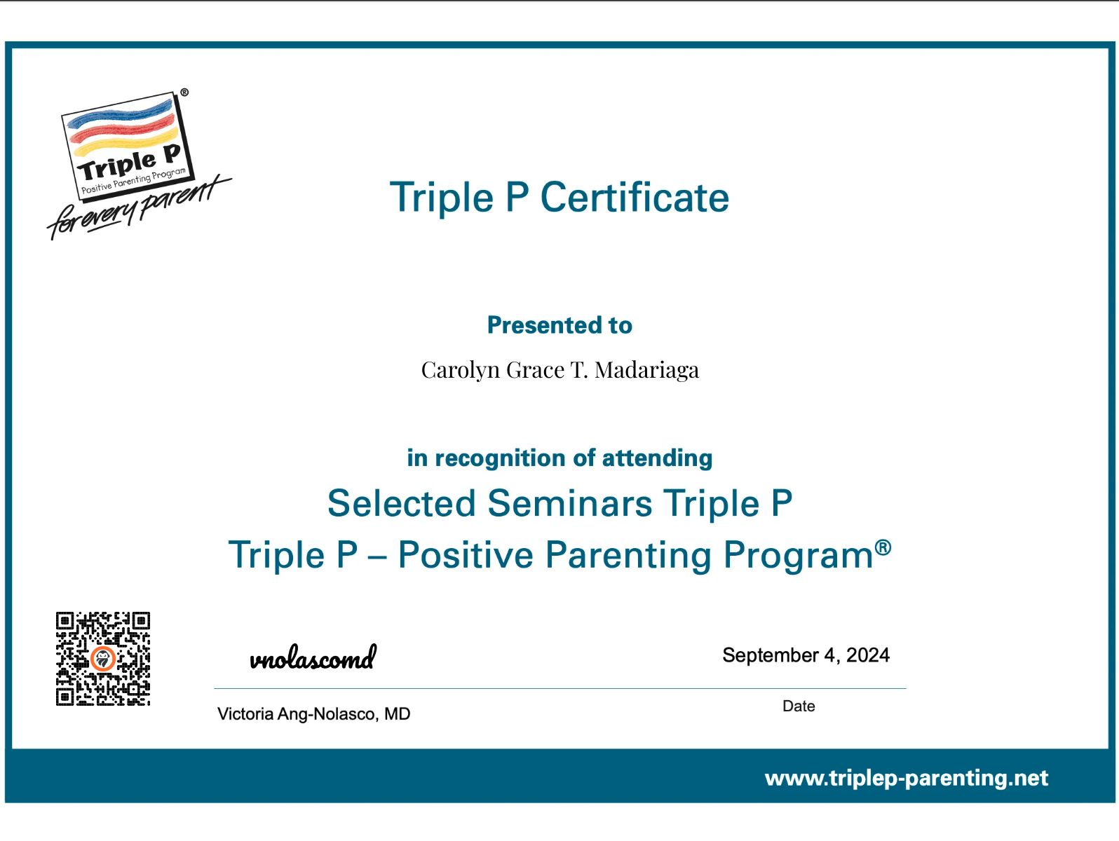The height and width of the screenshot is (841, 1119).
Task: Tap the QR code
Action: tap(103, 659)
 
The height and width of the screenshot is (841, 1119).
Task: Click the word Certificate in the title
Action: tap(635, 198)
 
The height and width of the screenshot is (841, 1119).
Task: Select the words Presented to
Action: tap(559, 325)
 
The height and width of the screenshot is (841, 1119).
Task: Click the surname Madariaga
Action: tap(646, 370)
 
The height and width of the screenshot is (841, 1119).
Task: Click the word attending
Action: tap(657, 458)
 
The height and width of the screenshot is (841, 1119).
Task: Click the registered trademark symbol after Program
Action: tap(883, 547)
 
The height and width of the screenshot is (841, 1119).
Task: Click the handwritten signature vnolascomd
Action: tap(313, 659)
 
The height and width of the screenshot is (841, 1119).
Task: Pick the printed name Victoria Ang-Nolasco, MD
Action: tap(313, 714)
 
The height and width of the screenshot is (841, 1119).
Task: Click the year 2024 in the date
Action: tap(868, 655)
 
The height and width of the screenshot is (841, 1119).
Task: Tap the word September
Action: tap(771, 655)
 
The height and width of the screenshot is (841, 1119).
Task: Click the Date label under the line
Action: tap(799, 706)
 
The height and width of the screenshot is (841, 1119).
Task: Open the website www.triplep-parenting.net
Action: tap(906, 778)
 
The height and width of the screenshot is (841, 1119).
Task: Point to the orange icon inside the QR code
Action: tap(103, 659)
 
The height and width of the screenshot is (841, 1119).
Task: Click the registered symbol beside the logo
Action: tap(184, 93)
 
